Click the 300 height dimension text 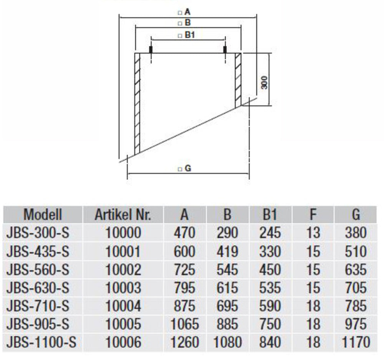pyautogui.click(x=264, y=83)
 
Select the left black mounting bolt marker pyautogui.click(x=151, y=50)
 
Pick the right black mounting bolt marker pyautogui.click(x=225, y=50)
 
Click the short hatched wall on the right pyautogui.click(x=238, y=80)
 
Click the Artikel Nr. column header pyautogui.click(x=123, y=215)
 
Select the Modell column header pyautogui.click(x=43, y=215)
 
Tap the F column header pyautogui.click(x=313, y=215)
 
